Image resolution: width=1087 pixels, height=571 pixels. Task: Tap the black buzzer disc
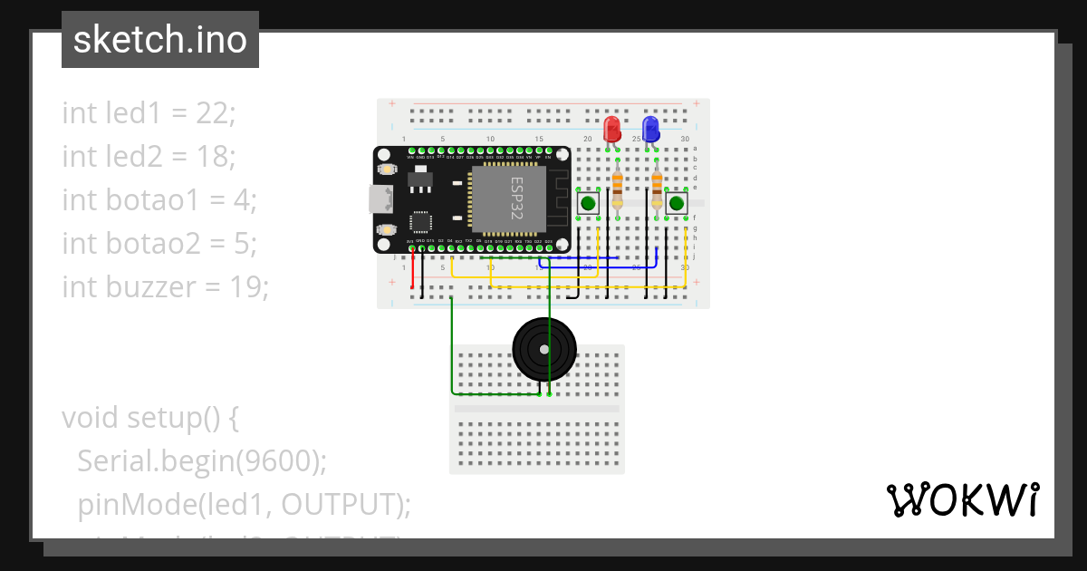[x=543, y=350]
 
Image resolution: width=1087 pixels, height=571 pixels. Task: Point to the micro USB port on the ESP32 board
[x=378, y=199]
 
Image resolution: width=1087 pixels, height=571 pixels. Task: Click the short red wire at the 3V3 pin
[x=413, y=269]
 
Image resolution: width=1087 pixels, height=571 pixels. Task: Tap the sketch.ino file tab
[x=160, y=40]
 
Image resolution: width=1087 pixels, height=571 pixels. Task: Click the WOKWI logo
[x=962, y=499]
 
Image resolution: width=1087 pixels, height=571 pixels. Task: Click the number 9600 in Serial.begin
[x=274, y=461]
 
